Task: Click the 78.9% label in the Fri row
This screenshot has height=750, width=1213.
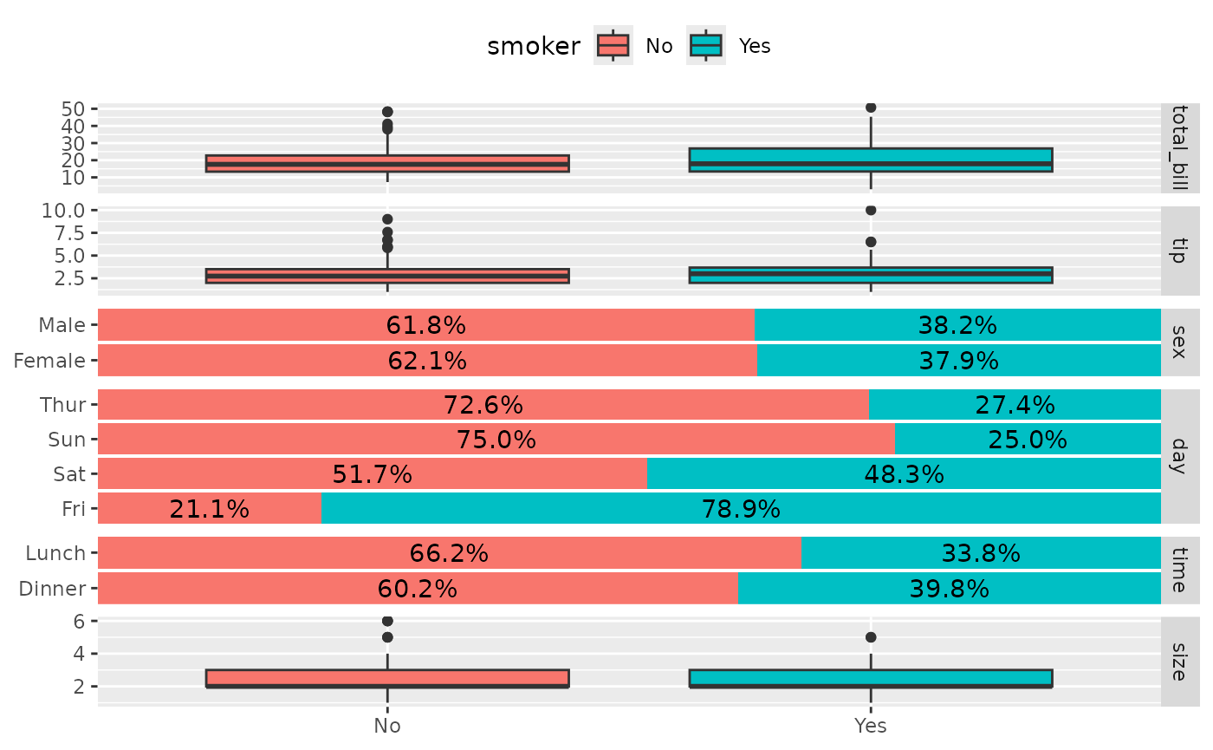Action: coord(741,509)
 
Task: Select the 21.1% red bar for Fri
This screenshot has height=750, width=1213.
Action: coord(210,509)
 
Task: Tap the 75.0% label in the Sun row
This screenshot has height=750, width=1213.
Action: coord(496,440)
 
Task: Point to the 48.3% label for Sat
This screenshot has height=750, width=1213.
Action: coord(904,474)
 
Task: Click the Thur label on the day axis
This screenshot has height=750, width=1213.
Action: coord(62,405)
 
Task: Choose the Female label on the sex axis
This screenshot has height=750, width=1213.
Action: coord(49,361)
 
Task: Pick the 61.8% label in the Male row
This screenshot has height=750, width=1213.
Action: coord(425,325)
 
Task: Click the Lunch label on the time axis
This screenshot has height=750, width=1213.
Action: coord(55,553)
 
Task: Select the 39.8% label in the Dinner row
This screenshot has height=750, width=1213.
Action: coord(949,589)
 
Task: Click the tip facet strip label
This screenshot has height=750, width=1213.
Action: coord(1179,251)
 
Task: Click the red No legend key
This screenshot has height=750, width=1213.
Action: coord(613,45)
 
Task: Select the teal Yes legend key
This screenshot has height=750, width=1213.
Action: coord(706,45)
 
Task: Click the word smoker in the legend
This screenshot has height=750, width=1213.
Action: coord(534,47)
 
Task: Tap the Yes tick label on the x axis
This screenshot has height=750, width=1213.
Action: coord(870,727)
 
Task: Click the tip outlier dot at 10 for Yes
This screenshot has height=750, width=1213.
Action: coord(871,210)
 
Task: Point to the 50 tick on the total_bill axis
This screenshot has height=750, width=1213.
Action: coord(73,109)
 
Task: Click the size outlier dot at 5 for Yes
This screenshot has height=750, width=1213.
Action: coord(871,637)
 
